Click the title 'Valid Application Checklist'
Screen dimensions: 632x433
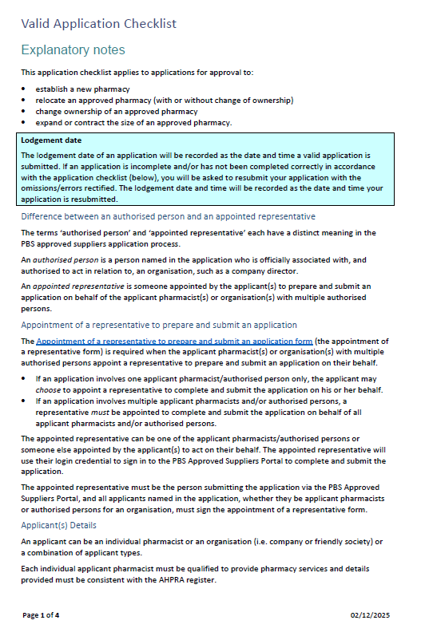click(99, 24)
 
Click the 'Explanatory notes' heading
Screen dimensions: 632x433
click(73, 50)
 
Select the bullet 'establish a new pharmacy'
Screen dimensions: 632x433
click(82, 89)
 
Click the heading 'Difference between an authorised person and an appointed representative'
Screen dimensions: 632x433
click(168, 216)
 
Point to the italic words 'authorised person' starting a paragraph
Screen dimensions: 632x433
click(59, 259)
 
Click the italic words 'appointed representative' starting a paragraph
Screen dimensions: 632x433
click(66, 286)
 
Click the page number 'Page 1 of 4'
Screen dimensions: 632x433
click(41, 615)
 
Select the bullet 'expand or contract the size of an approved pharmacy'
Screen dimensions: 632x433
click(133, 122)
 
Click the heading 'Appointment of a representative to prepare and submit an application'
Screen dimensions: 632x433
click(158, 325)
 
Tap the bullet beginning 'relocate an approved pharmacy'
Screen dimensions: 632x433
click(164, 100)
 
